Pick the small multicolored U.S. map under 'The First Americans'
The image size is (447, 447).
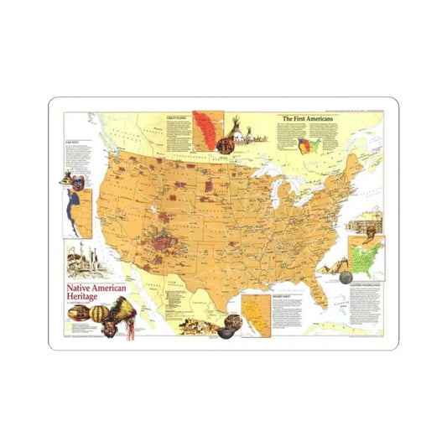pos(309,145)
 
